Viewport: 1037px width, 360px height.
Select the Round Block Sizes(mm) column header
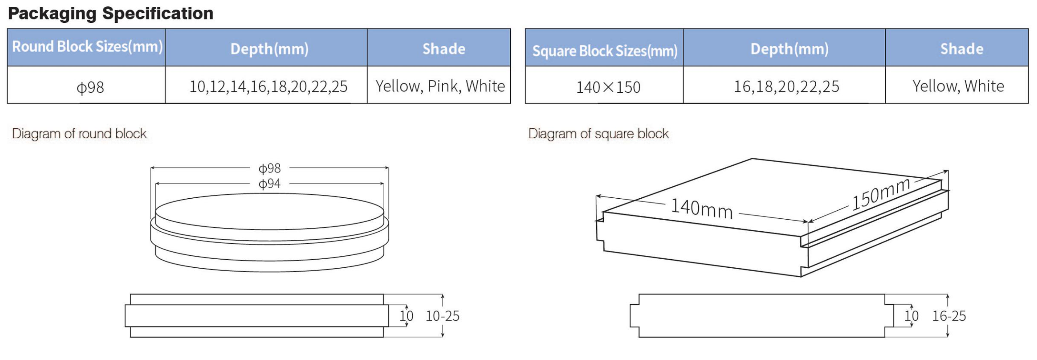pyautogui.click(x=87, y=47)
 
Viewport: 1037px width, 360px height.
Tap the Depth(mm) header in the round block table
pyautogui.click(x=269, y=49)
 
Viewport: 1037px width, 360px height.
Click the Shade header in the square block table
pyautogui.click(x=962, y=49)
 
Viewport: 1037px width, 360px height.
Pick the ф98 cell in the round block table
pyautogui.click(x=90, y=87)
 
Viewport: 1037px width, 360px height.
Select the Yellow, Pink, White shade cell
pyautogui.click(x=440, y=86)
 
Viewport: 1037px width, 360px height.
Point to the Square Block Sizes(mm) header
pyautogui.click(x=605, y=51)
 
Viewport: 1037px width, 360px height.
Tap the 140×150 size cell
pyautogui.click(x=608, y=87)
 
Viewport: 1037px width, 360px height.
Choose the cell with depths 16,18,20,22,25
pyautogui.click(x=786, y=87)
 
